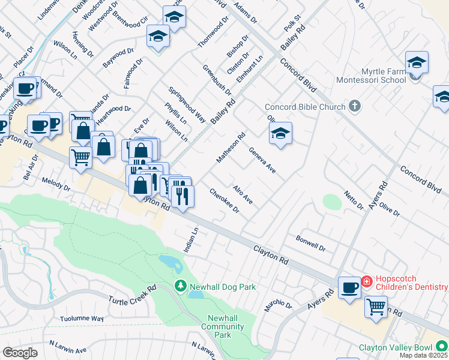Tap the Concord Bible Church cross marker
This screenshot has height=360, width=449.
coord(355,107)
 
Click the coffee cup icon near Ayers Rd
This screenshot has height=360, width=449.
coord(349,287)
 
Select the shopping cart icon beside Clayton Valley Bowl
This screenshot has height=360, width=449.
coord(376,307)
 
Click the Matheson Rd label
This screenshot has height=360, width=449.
coord(231,148)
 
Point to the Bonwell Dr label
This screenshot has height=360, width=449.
coord(310,243)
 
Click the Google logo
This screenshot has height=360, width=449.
coord(20,353)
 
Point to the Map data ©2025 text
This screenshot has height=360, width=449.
coord(423,355)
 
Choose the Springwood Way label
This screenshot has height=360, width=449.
coord(187,104)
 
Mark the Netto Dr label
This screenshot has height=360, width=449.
coord(354,200)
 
